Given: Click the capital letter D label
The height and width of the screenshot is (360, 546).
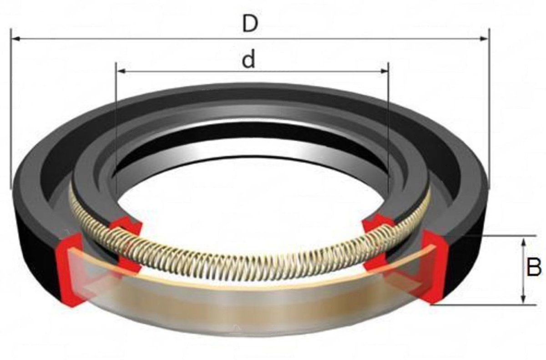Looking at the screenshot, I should point(250,24).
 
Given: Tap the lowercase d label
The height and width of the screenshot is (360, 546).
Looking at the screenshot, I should point(248,60).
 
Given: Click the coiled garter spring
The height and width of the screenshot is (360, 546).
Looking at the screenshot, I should point(246,264).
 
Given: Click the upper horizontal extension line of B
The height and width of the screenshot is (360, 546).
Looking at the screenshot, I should point(500,236).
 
